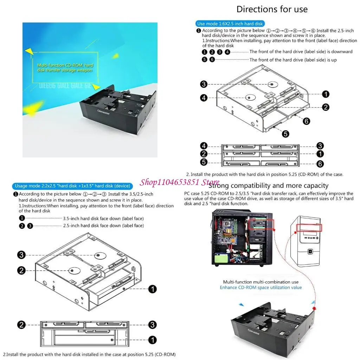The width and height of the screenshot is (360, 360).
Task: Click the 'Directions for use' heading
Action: (272, 9)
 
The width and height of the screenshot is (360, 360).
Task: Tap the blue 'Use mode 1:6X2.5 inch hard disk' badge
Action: (230, 24)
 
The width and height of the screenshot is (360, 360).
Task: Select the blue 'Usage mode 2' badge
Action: (72, 186)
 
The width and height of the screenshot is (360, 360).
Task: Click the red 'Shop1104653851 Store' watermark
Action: (179, 182)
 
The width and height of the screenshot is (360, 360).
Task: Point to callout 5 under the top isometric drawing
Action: (285, 134)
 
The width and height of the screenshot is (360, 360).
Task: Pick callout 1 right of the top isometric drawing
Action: (326, 94)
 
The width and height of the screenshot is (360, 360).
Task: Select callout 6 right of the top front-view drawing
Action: (320, 164)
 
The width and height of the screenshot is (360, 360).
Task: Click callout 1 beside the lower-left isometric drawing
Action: (153, 289)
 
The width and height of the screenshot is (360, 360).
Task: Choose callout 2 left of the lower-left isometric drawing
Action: (22, 270)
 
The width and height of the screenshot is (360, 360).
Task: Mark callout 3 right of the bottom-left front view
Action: (152, 324)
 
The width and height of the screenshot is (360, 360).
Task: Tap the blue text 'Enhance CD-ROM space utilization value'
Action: (261, 287)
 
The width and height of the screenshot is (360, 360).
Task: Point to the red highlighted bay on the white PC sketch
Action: (309, 228)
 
